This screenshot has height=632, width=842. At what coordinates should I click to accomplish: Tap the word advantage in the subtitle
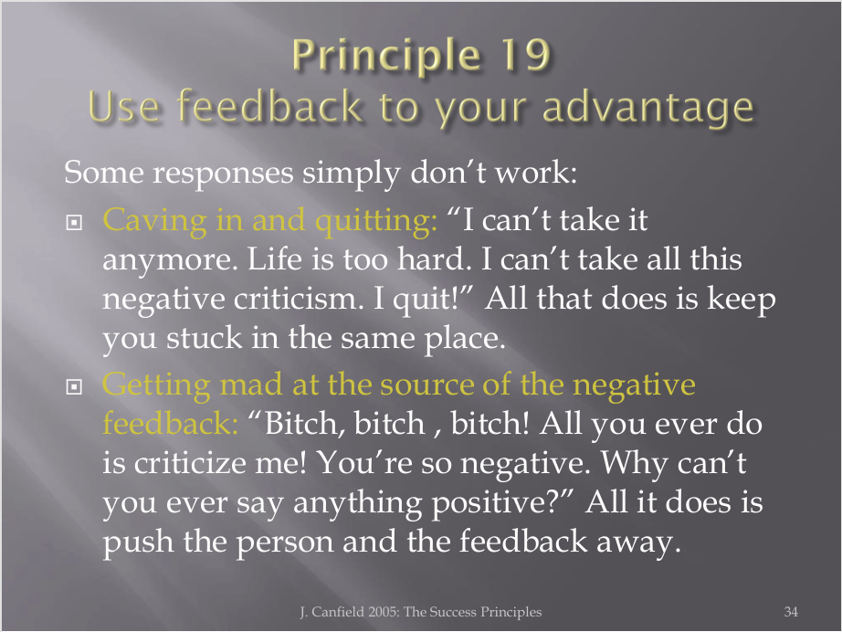[x=648, y=109]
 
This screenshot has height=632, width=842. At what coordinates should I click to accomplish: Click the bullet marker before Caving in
[x=74, y=222]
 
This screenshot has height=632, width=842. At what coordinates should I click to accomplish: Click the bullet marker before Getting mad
[x=74, y=386]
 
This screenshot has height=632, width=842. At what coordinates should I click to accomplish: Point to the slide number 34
[x=791, y=612]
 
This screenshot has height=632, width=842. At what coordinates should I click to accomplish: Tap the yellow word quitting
[x=376, y=222]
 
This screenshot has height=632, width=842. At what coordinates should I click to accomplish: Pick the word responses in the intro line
[x=223, y=174]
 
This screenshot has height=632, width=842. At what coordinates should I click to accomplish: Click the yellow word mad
[x=251, y=384]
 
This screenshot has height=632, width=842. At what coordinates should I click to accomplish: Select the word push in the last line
[x=138, y=542]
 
